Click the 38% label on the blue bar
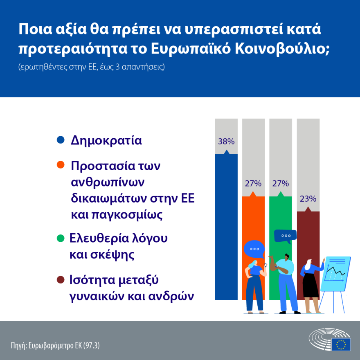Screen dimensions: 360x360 tap(226, 142)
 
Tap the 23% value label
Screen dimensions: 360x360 tap(308, 199)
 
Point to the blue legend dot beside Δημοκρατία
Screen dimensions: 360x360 tap(61, 140)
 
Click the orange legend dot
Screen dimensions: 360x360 tap(61, 166)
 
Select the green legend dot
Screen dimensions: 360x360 tap(61, 238)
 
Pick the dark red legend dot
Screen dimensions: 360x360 tap(61, 280)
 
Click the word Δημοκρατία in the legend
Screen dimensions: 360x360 tap(106, 140)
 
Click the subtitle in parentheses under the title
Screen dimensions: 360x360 tap(91, 67)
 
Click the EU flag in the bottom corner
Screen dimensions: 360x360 tap(341, 344)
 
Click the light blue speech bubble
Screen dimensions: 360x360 tap(254, 249)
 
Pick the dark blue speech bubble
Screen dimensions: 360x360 tap(285, 236)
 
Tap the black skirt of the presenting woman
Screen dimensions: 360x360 tap(310, 286)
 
